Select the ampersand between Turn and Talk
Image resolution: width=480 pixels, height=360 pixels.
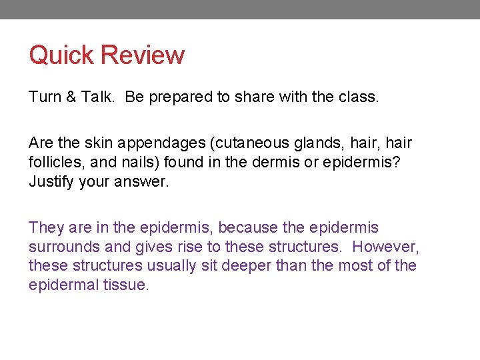click(72, 97)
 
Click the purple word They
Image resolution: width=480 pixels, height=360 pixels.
click(45, 228)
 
